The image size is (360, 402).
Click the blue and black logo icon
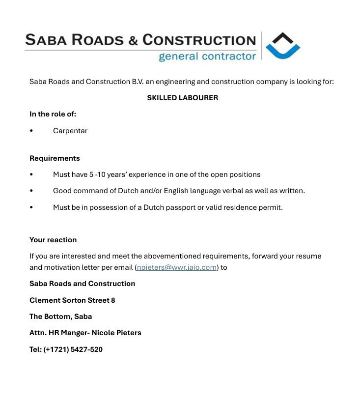click(282, 46)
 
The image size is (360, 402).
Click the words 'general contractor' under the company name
click(207, 56)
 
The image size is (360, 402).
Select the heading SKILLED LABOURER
click(182, 98)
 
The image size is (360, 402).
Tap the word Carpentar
click(70, 131)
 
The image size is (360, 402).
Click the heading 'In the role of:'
click(53, 114)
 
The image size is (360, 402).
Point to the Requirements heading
click(55, 158)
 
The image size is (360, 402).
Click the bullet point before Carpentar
click(31, 131)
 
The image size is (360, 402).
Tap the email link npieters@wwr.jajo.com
click(177, 267)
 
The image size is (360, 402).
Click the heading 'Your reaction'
click(53, 240)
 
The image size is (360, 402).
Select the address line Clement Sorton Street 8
click(72, 300)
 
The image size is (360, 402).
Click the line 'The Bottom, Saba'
click(60, 316)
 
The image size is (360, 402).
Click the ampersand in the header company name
click(134, 40)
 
